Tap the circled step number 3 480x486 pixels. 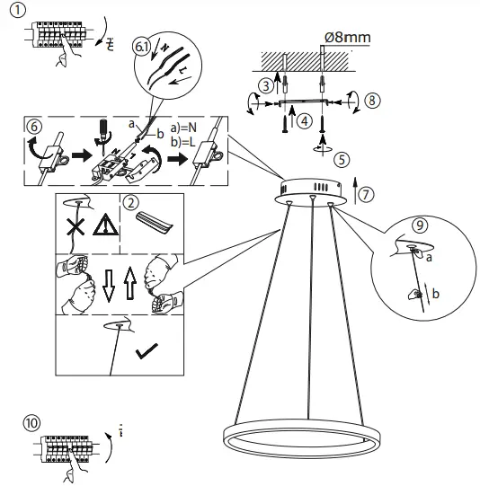[264, 85]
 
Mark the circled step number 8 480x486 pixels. [373, 102]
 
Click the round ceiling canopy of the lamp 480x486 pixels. [312, 189]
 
